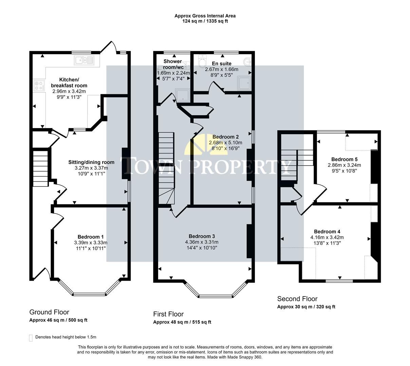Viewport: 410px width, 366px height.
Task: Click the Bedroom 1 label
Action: point(91,237)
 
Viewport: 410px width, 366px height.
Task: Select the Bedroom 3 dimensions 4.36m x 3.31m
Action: point(202,242)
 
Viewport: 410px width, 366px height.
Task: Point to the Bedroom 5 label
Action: point(344,159)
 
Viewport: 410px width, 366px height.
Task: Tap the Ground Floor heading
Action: point(49,312)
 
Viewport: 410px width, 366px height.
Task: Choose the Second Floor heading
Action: point(297,299)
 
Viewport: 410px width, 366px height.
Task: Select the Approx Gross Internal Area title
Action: point(205,16)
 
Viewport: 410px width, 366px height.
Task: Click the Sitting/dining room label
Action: point(91,162)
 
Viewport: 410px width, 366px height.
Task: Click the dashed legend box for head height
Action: point(31,338)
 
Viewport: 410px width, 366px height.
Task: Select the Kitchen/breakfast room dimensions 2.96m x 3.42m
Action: point(69,91)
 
